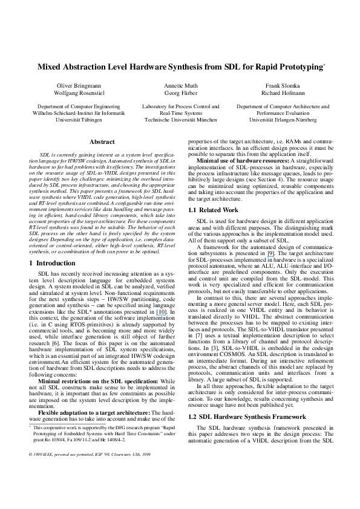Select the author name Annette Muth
tap(180, 87)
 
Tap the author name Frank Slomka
tap(283, 87)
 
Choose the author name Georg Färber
tap(180, 94)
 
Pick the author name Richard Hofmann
tap(283, 94)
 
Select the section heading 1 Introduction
tap(53, 264)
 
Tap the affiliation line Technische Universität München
tap(180, 120)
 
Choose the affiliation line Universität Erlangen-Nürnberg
tap(283, 120)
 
